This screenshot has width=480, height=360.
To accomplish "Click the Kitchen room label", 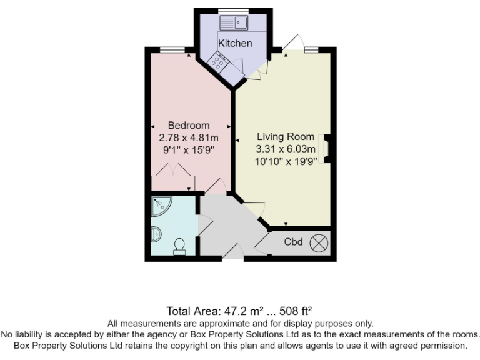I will [x=235, y=43].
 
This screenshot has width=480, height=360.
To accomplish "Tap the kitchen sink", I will [x=234, y=23].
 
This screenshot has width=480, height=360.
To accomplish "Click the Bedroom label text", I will [x=189, y=126].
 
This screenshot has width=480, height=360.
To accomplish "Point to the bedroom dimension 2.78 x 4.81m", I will [x=189, y=137].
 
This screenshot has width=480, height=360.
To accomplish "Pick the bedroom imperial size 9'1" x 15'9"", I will [x=189, y=149].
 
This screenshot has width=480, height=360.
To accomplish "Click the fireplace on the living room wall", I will [x=325, y=149].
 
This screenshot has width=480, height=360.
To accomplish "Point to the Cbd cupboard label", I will [x=293, y=241].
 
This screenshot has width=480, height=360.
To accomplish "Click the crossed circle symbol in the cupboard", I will [x=319, y=241].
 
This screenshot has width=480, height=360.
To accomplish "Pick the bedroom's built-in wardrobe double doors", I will [x=172, y=172].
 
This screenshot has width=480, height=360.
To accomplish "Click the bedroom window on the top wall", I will [x=172, y=49].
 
